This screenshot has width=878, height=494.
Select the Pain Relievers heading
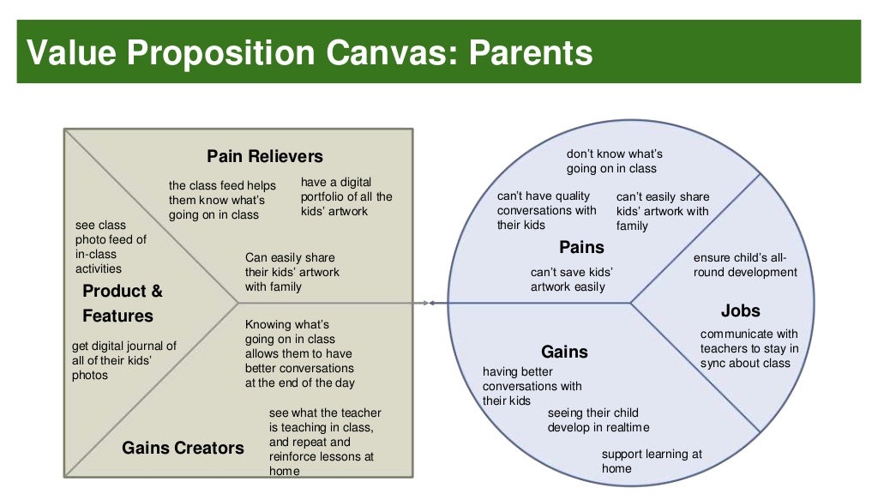point(265,156)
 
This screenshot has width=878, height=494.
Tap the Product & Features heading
point(122,304)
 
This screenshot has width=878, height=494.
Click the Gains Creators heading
point(183,448)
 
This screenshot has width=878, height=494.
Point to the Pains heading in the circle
point(581,248)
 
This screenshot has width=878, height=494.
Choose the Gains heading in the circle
point(564,352)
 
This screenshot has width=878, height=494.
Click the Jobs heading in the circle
point(740,310)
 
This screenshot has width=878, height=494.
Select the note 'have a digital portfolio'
point(346,196)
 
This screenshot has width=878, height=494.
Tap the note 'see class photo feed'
point(111,247)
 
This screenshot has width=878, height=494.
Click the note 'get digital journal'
point(123,360)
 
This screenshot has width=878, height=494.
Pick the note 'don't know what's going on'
point(614,161)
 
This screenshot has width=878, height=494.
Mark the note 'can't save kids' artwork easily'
point(571,280)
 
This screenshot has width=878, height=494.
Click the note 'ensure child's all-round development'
point(744,265)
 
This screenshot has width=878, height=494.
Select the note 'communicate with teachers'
point(749,348)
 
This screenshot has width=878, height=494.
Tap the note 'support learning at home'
point(651,461)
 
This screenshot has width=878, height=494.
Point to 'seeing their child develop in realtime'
point(598,420)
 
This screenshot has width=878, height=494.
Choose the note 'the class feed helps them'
point(222,200)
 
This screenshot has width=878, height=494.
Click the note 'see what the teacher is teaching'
point(325,442)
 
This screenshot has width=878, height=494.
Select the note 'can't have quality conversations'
point(546,211)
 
